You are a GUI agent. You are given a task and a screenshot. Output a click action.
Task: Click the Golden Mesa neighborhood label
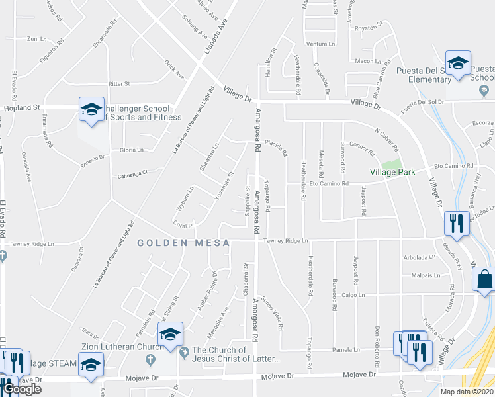(184, 243)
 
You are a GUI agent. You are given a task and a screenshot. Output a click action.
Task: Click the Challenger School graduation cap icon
(91, 109)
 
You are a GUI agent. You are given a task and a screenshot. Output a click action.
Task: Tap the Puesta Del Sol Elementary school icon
(457, 63)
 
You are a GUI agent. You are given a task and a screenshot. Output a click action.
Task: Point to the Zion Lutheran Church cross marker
(152, 359)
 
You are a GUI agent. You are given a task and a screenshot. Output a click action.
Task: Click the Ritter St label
(119, 84)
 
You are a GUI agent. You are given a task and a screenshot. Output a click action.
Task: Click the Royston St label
(369, 28)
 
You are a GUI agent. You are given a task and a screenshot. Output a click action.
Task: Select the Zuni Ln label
(36, 39)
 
